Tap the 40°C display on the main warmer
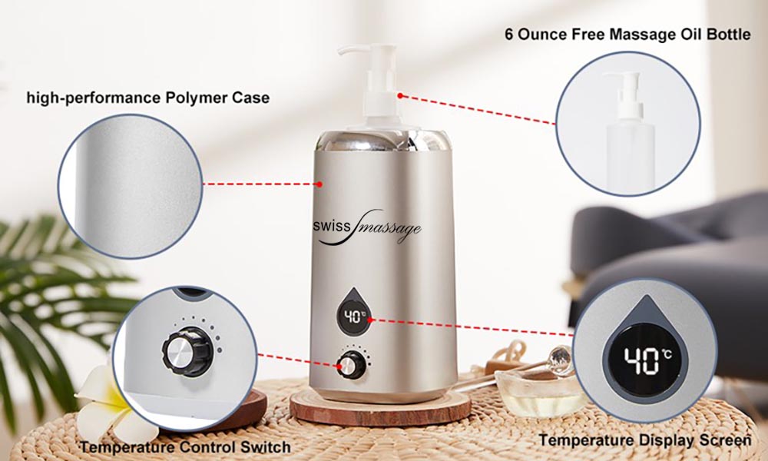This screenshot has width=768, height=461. click(353, 317)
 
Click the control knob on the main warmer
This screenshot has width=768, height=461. click(351, 365)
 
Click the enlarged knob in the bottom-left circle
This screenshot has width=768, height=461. click(187, 351)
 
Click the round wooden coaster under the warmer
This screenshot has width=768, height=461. click(380, 406)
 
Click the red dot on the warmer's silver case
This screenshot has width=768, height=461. click(319, 184)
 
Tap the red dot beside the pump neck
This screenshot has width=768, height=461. click(400, 96)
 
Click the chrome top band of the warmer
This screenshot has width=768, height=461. click(382, 141)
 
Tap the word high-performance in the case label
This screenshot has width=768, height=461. click(93, 98)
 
